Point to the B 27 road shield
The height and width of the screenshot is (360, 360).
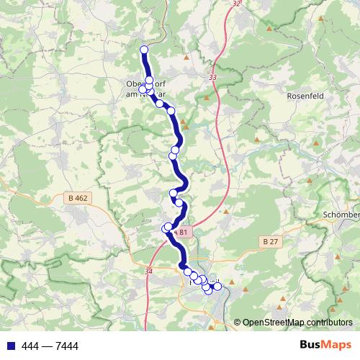point(270,242)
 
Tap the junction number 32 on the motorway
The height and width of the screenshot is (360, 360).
point(238,4)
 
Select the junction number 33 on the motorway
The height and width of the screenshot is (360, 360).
point(212,77)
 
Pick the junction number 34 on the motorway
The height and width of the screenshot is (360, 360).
point(149,271)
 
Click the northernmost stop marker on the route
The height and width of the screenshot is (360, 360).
point(143,50)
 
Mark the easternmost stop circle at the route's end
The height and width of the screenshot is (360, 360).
point(217,287)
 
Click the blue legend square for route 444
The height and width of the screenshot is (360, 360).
point(9,346)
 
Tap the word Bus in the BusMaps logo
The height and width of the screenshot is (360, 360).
point(311,346)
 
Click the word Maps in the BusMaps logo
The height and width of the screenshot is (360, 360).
point(338,346)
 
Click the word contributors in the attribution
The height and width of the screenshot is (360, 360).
point(329,323)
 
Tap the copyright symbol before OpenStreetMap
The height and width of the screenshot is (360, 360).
point(238,323)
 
